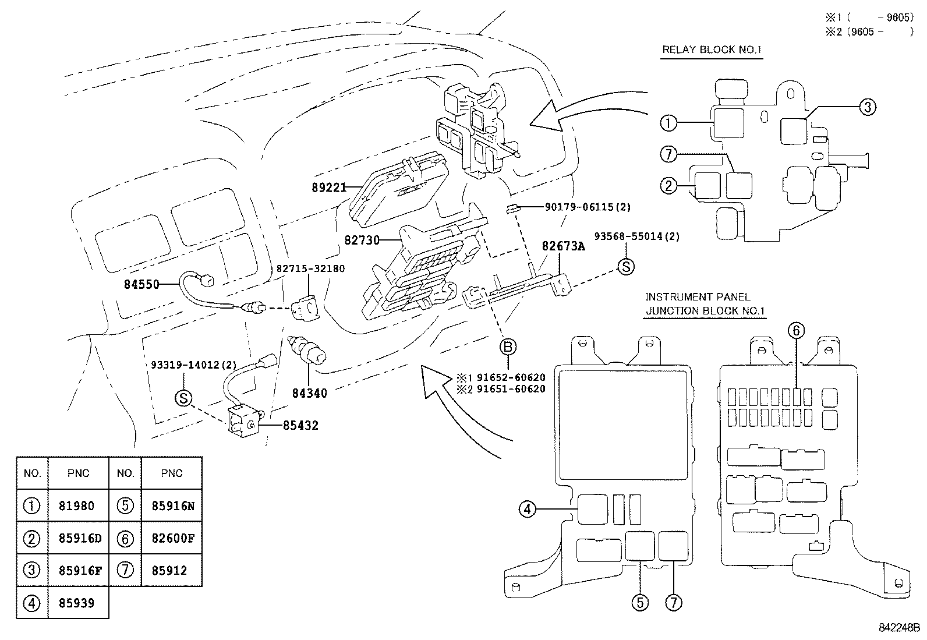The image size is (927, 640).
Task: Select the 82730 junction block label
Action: tap(362, 239)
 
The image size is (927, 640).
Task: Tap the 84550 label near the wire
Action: tap(141, 285)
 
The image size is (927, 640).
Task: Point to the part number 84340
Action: tap(309, 394)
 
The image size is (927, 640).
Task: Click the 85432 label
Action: tap(300, 426)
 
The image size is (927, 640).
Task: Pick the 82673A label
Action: tap(563, 246)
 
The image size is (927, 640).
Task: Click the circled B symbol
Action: tap(508, 348)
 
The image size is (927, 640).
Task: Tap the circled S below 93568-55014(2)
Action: tap(625, 267)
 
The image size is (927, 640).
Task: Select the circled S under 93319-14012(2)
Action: tap(183, 398)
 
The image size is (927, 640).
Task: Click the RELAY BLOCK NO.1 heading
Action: tap(712, 49)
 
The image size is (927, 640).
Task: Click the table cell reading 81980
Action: tap(76, 506)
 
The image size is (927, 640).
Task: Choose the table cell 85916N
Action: tap(173, 506)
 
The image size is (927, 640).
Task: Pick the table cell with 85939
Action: tap(76, 603)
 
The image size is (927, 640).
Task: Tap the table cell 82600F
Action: tap(173, 539)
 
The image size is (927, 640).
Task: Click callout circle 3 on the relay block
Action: tap(867, 107)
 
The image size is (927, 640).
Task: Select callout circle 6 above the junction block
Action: tap(796, 331)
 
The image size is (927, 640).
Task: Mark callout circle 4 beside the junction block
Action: tap(527, 510)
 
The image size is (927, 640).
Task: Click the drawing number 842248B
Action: tap(898, 628)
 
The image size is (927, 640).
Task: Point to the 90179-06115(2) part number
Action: tap(588, 207)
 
